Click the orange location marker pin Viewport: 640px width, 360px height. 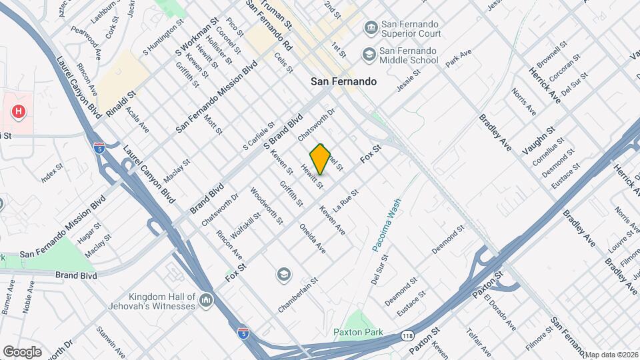point(321,159)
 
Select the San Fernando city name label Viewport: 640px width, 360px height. point(344,81)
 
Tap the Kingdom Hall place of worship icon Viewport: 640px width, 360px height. point(206,301)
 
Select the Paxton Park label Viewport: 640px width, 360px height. point(358,331)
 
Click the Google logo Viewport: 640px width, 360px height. point(22,352)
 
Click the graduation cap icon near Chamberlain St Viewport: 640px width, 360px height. point(284,274)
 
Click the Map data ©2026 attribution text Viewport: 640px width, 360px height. point(612,355)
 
